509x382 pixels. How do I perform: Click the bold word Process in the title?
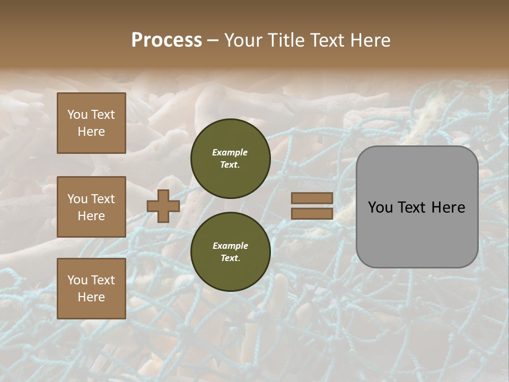click(166, 40)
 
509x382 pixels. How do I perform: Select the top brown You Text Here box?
click(91, 123)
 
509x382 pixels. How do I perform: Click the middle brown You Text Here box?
click(91, 207)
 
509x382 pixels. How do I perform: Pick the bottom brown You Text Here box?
click(91, 289)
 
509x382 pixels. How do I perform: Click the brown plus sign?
click(163, 206)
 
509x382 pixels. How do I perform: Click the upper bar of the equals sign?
click(312, 198)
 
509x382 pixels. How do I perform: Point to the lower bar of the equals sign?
click(312, 213)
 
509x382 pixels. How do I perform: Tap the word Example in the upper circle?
click(230, 152)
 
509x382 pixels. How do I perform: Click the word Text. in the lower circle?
click(230, 258)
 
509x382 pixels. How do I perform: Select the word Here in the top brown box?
click(91, 132)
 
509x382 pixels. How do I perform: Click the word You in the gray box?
click(380, 207)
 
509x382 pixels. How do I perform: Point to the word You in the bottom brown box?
click(77, 280)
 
